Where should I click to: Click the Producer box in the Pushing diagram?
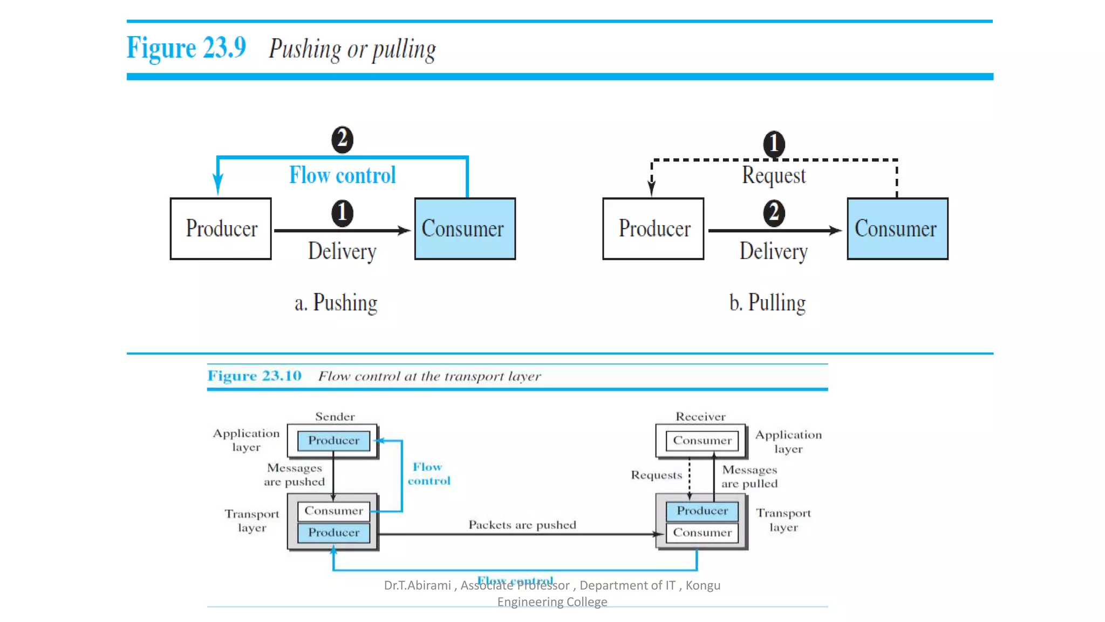pos(221,228)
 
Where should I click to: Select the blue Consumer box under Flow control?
pos(465,228)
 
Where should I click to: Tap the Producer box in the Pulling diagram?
pos(653,228)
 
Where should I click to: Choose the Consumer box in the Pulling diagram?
pos(897,228)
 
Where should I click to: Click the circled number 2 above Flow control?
pos(342,139)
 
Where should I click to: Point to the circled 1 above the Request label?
pos(774,144)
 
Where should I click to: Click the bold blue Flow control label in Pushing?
pos(342,175)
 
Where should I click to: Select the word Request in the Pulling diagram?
pos(773,175)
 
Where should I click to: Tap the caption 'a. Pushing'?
pos(336,302)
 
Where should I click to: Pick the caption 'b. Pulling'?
pos(767,302)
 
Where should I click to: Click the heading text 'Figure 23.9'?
pos(186,48)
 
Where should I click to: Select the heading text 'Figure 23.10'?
pos(254,376)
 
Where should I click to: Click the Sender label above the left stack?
pos(335,416)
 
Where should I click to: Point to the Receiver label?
pos(700,416)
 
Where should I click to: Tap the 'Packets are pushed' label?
pos(522,525)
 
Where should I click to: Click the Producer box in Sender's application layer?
pos(333,441)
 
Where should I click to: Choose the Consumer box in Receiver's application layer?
pos(702,441)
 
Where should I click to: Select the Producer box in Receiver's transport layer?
pos(702,511)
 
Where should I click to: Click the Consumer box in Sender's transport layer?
pos(333,511)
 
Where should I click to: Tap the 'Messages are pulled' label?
pos(749,477)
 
